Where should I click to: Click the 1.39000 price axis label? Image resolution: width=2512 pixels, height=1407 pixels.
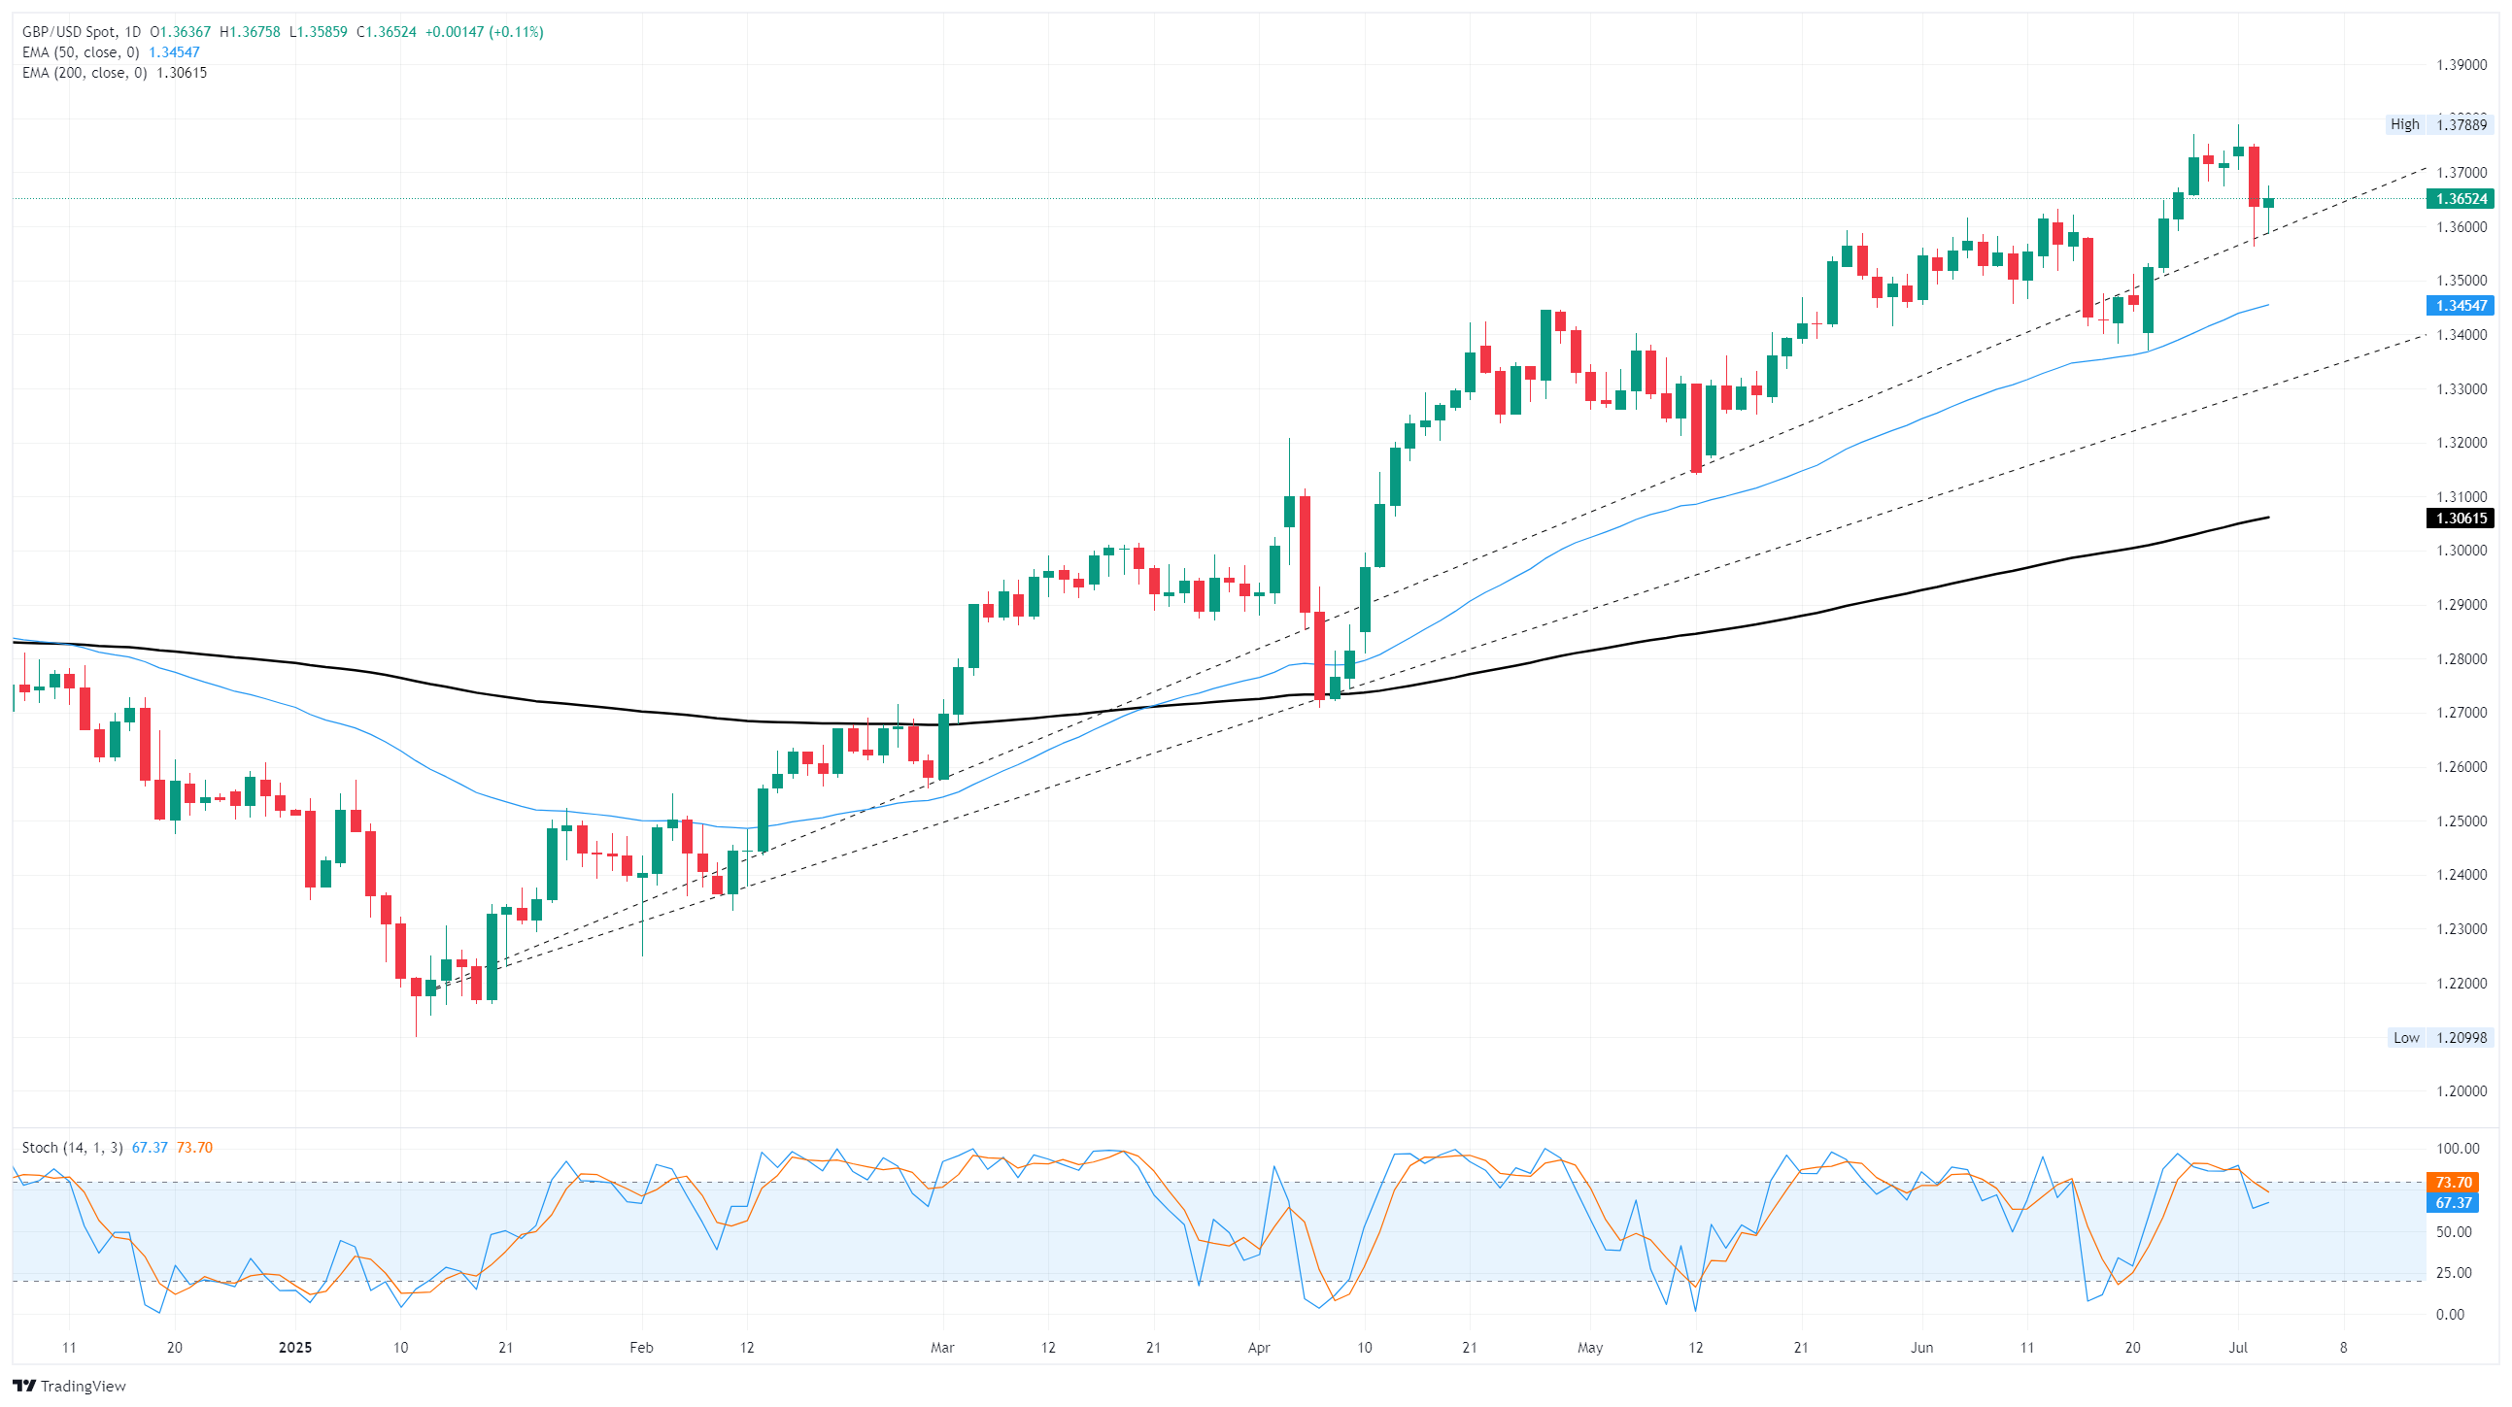coord(2461,65)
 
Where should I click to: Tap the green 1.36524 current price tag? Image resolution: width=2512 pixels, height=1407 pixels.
coord(2460,199)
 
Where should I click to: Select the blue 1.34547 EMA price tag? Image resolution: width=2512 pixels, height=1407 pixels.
coord(2460,306)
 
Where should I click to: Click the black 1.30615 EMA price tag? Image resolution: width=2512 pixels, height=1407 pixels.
coord(2460,519)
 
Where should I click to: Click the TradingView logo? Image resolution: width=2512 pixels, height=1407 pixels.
coord(69,1386)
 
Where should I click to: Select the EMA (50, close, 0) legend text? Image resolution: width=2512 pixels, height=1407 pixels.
coord(81,52)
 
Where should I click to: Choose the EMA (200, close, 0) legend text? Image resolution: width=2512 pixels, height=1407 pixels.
coord(85,73)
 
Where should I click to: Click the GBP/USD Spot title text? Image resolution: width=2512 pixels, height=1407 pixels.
coord(68,32)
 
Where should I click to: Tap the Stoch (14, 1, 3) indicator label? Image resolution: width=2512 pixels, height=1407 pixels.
coord(72,1148)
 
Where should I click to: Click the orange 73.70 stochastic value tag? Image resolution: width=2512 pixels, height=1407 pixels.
coord(2454,1183)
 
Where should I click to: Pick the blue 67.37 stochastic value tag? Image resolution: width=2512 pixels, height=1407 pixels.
coord(2454,1203)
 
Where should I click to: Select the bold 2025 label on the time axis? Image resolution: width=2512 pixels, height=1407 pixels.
coord(295,1348)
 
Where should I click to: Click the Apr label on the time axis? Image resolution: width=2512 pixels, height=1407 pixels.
coord(1259,1348)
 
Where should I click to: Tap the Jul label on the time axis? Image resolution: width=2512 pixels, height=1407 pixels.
coord(2238,1348)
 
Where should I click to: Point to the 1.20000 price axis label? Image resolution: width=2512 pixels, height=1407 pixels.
coord(2461,1091)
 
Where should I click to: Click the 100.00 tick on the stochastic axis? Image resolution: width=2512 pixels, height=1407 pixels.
coord(2458,1149)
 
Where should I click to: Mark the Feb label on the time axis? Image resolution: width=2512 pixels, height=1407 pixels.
coord(641,1348)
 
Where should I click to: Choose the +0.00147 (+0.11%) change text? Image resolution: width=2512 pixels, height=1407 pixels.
coord(484,32)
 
